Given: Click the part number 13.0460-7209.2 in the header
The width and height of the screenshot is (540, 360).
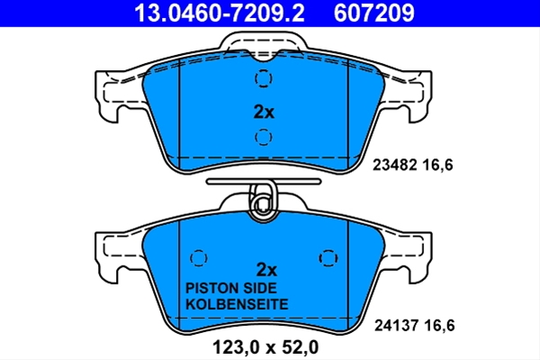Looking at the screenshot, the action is (x=220, y=13).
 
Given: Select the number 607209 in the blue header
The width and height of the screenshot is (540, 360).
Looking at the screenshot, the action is (x=374, y=13).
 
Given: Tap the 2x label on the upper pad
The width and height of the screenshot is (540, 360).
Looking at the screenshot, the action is (x=264, y=112).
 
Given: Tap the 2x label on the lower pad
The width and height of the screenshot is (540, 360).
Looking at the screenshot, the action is (x=266, y=270).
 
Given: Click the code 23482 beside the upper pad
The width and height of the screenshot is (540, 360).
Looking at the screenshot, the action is (x=395, y=165).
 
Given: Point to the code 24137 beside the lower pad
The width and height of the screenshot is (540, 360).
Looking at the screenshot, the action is (x=397, y=325).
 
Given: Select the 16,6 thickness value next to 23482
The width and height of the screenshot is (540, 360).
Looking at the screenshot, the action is (x=437, y=165).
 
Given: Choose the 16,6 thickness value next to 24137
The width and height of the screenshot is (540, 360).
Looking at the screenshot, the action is (x=439, y=325).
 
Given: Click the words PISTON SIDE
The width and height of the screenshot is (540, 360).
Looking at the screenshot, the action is (x=231, y=288).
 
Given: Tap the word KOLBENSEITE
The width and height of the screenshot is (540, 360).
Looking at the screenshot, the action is (x=237, y=304).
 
